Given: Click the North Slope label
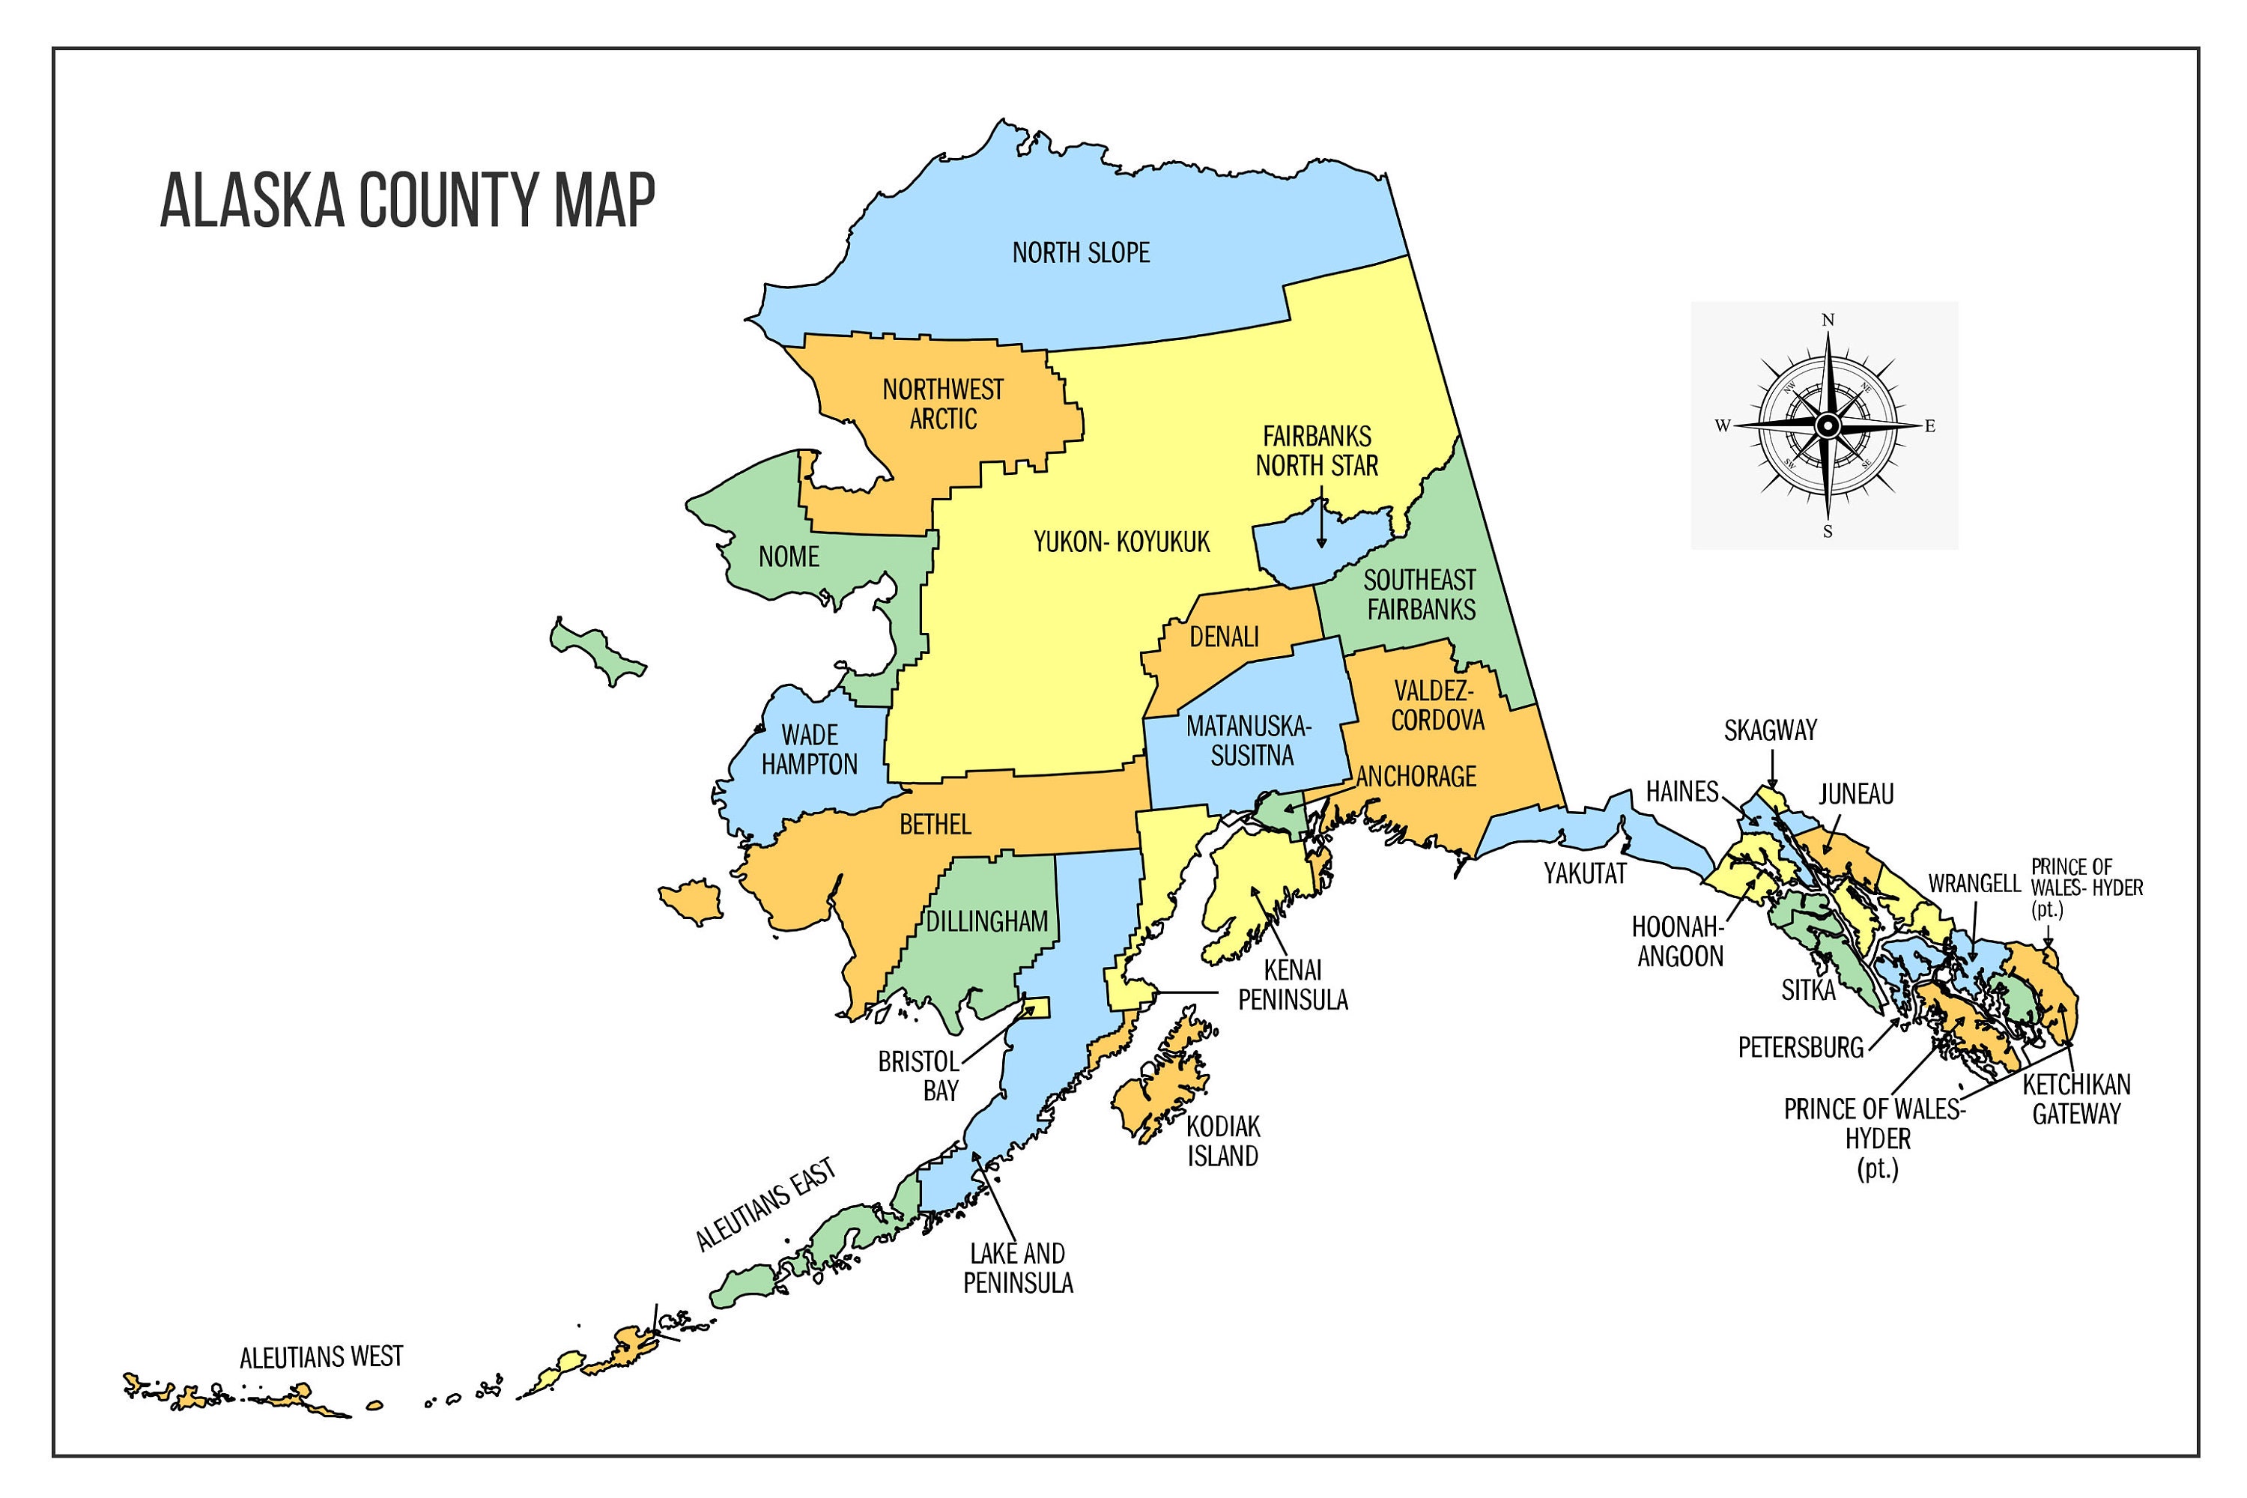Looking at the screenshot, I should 1081,253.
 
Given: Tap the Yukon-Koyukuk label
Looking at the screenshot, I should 1121,542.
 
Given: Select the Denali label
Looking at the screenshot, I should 1224,636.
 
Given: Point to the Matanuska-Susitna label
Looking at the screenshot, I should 1251,742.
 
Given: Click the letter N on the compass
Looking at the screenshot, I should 1828,320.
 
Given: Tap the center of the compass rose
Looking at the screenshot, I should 1827,426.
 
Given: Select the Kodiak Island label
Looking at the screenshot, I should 1223,1141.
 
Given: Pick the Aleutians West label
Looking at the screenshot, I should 321,1357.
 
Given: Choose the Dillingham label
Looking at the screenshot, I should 987,922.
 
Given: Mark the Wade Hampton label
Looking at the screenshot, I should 809,750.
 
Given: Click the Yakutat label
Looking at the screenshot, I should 1585,873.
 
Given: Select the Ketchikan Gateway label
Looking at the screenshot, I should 2076,1100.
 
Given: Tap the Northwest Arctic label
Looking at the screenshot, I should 943,404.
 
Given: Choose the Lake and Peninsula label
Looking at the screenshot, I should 1017,1268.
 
